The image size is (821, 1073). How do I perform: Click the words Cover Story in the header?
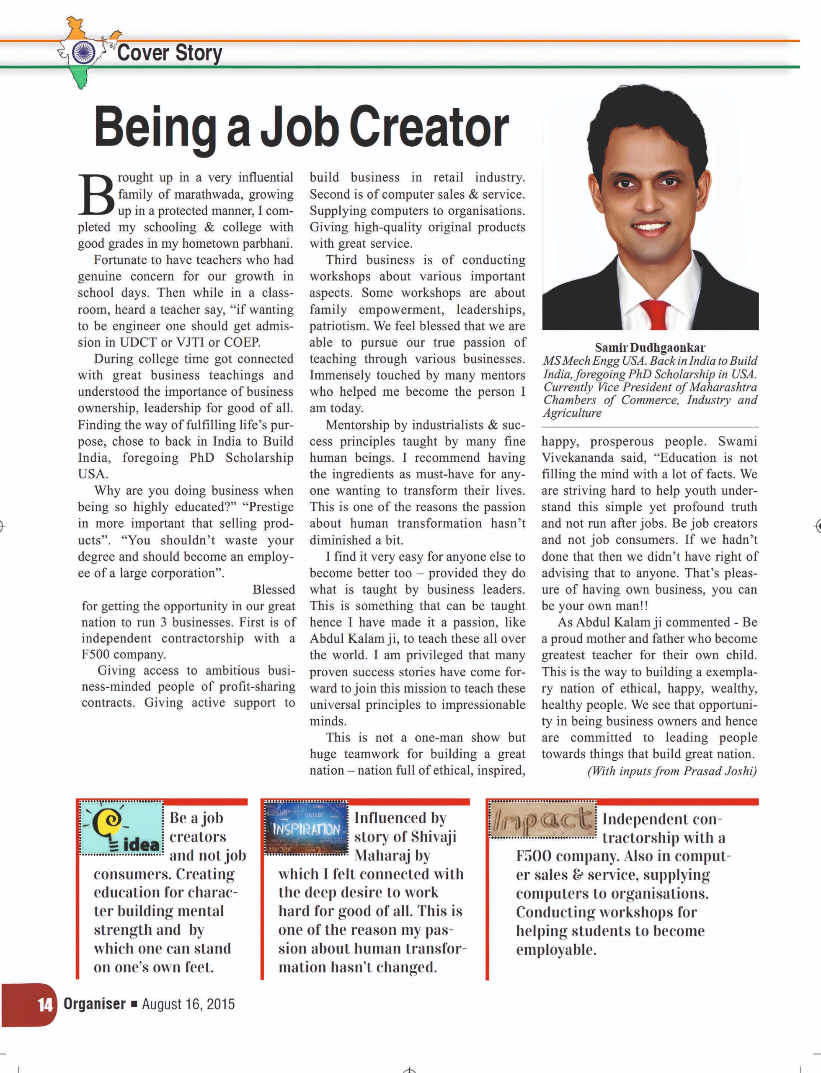pyautogui.click(x=170, y=53)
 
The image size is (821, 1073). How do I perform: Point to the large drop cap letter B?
pyautogui.click(x=96, y=194)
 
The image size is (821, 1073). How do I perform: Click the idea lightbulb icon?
pyautogui.click(x=121, y=828)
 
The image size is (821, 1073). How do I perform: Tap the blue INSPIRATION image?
pyautogui.click(x=306, y=828)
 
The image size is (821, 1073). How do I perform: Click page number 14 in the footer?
pyautogui.click(x=44, y=1005)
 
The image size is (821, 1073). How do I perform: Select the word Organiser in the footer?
pyautogui.click(x=95, y=1004)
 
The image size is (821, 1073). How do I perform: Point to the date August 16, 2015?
pyautogui.click(x=188, y=1005)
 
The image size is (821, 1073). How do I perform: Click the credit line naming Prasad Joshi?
pyautogui.click(x=672, y=771)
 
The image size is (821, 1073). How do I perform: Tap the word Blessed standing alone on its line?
pyautogui.click(x=274, y=589)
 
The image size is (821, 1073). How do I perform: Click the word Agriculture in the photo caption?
pyautogui.click(x=572, y=413)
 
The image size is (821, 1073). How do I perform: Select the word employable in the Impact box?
pyautogui.click(x=555, y=950)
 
